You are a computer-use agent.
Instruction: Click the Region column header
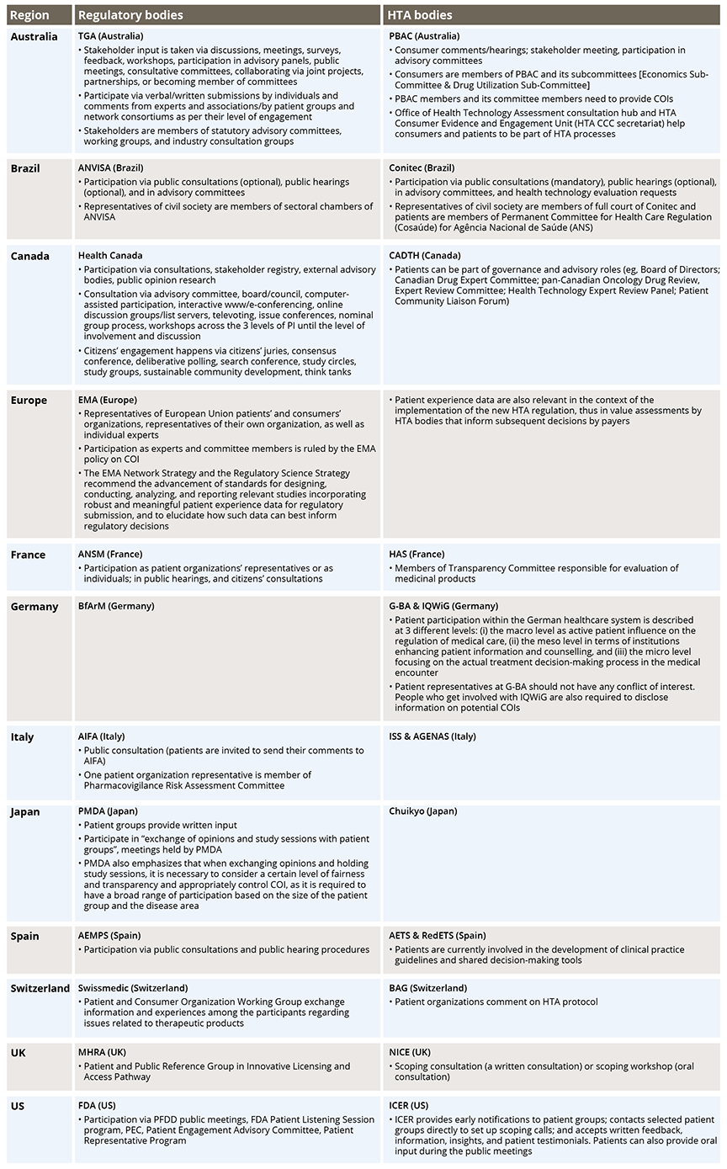click(29, 15)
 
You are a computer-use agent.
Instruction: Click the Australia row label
click(34, 37)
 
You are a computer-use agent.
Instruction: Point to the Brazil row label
click(25, 168)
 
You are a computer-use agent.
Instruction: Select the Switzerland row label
click(40, 988)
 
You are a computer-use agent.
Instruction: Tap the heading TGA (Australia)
click(110, 37)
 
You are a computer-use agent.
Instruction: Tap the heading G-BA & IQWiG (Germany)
click(443, 606)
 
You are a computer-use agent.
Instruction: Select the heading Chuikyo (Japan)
click(423, 812)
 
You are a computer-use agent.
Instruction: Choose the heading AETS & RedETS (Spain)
click(438, 936)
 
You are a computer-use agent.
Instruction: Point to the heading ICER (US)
click(409, 1105)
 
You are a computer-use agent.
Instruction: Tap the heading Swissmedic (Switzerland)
click(133, 988)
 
